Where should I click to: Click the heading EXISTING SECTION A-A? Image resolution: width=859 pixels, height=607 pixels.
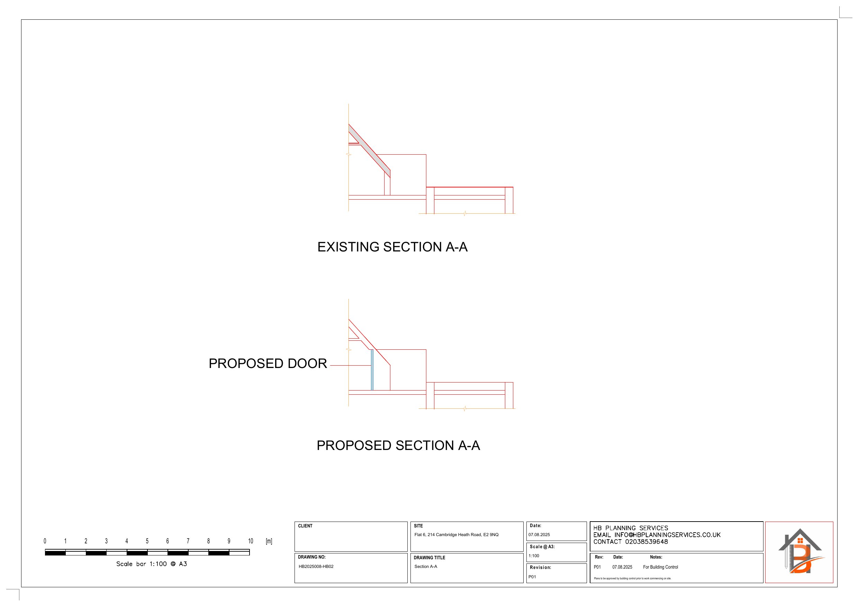[392, 247]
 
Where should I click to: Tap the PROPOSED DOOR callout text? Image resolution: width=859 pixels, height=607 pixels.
[268, 364]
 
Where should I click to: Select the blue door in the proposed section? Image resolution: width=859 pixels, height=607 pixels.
[372, 370]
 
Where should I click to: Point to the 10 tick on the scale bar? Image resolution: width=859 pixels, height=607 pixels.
[250, 541]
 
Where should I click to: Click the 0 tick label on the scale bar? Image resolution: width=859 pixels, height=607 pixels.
[45, 541]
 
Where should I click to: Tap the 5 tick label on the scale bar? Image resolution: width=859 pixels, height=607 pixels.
[147, 541]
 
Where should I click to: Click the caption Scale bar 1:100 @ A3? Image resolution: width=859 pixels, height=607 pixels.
[152, 564]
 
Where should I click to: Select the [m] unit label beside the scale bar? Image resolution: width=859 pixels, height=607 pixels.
[269, 541]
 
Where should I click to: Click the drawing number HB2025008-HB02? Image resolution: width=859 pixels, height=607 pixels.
[316, 567]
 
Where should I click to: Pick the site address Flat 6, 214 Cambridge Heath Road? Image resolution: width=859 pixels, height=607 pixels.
[456, 535]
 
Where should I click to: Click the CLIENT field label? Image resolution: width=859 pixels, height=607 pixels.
[305, 526]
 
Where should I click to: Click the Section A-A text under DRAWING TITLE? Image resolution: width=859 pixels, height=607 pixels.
[425, 567]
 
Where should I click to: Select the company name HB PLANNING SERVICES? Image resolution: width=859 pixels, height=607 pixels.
[631, 528]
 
